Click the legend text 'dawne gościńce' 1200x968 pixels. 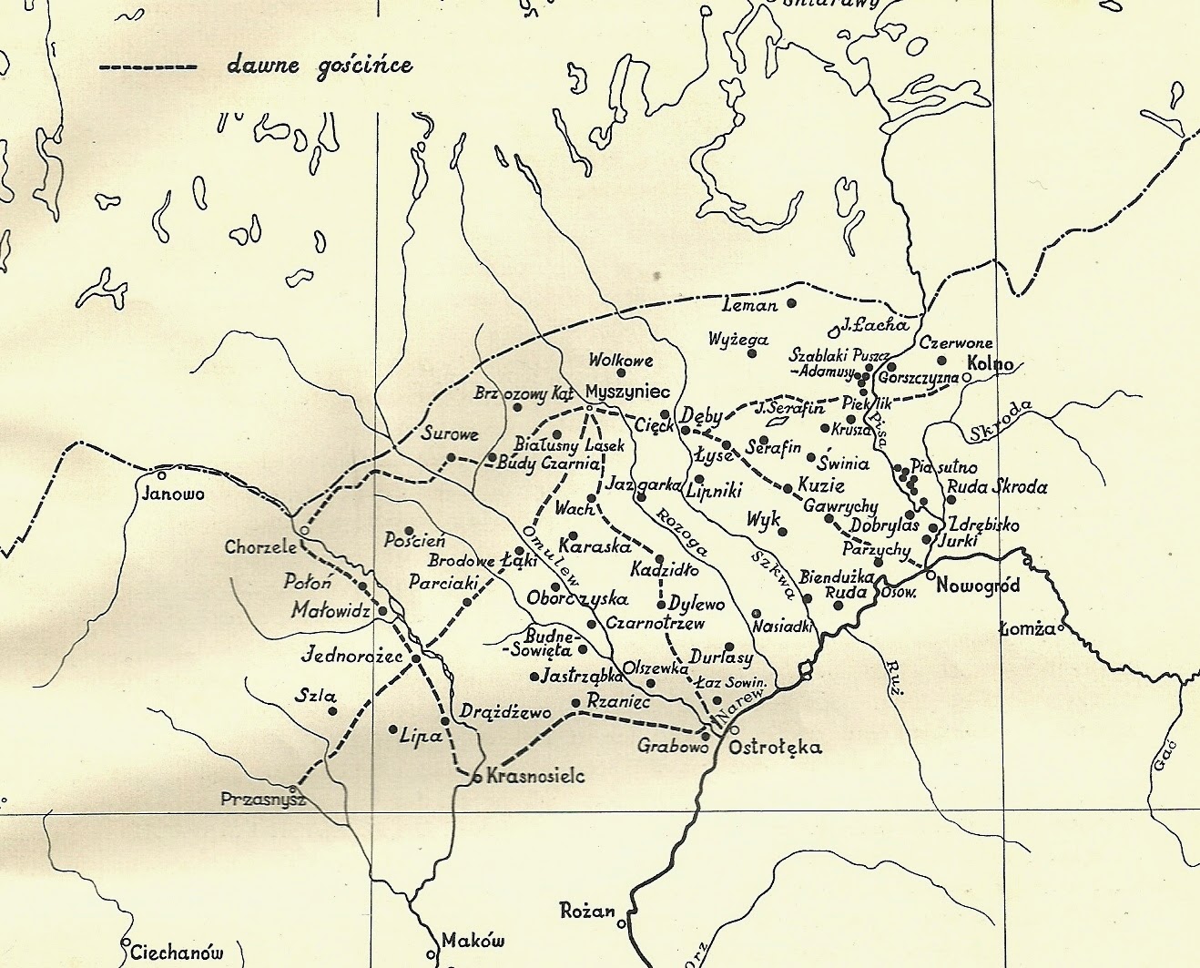[320, 66]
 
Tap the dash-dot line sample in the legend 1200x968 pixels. [147, 67]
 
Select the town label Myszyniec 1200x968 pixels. [628, 390]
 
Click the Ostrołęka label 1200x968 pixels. [776, 748]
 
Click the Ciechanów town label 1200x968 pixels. [176, 953]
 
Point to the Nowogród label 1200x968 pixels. [977, 585]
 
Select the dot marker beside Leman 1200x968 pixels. [791, 303]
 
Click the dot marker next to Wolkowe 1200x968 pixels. [622, 372]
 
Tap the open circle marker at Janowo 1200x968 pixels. [162, 474]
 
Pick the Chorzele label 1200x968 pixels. [259, 548]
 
